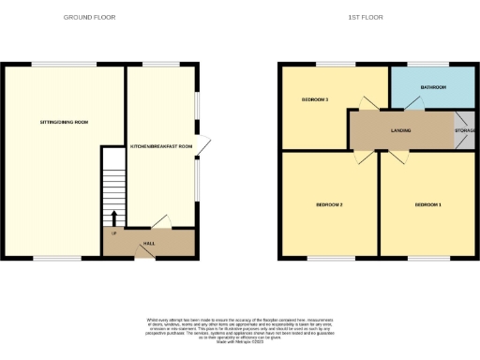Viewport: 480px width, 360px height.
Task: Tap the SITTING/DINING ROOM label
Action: click(x=63, y=123)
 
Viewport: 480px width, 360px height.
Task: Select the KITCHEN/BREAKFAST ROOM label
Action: click(x=161, y=147)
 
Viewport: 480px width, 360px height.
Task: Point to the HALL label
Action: click(x=148, y=243)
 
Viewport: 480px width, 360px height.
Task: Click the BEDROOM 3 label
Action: click(x=314, y=98)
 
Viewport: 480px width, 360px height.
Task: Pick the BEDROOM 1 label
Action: click(x=427, y=204)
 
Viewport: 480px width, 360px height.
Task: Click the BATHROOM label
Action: click(x=433, y=87)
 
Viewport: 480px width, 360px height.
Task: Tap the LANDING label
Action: click(x=402, y=130)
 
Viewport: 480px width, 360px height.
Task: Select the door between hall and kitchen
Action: click(x=160, y=222)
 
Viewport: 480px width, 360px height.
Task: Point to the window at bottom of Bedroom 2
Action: click(x=327, y=258)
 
